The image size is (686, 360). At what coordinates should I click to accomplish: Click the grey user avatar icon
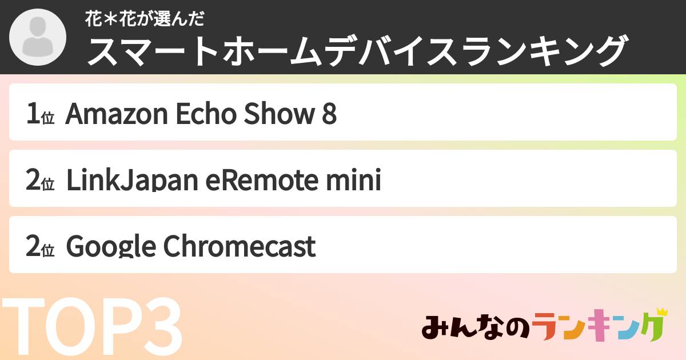tap(38, 38)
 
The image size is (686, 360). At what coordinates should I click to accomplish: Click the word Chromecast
tap(240, 247)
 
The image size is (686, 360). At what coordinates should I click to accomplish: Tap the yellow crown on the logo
tap(661, 311)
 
